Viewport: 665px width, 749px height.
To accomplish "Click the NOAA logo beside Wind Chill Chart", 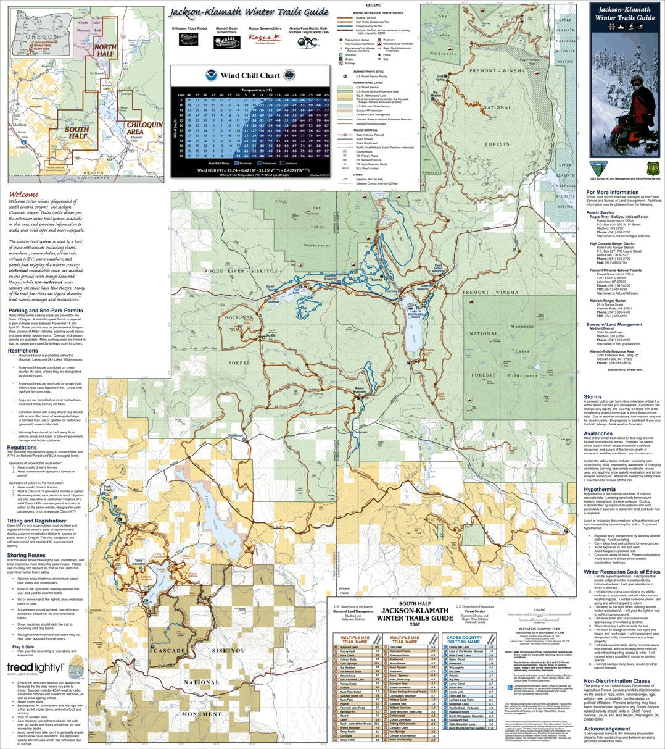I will (x=210, y=76).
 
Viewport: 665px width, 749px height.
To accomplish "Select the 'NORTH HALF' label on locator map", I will (x=105, y=51).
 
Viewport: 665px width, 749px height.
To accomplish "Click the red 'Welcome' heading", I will (x=23, y=195).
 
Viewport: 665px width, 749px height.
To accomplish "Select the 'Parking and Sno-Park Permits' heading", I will (x=45, y=311).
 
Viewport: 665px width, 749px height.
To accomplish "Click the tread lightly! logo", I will (x=35, y=667).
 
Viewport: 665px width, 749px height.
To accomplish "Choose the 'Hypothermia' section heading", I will (x=599, y=490).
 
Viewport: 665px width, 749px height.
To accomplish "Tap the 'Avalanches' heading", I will (x=598, y=433).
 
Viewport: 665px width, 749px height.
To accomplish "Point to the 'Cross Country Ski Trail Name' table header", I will (x=464, y=639).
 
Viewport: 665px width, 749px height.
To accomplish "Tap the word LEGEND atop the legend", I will (x=374, y=5).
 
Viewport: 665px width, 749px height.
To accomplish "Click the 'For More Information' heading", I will (x=612, y=193).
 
